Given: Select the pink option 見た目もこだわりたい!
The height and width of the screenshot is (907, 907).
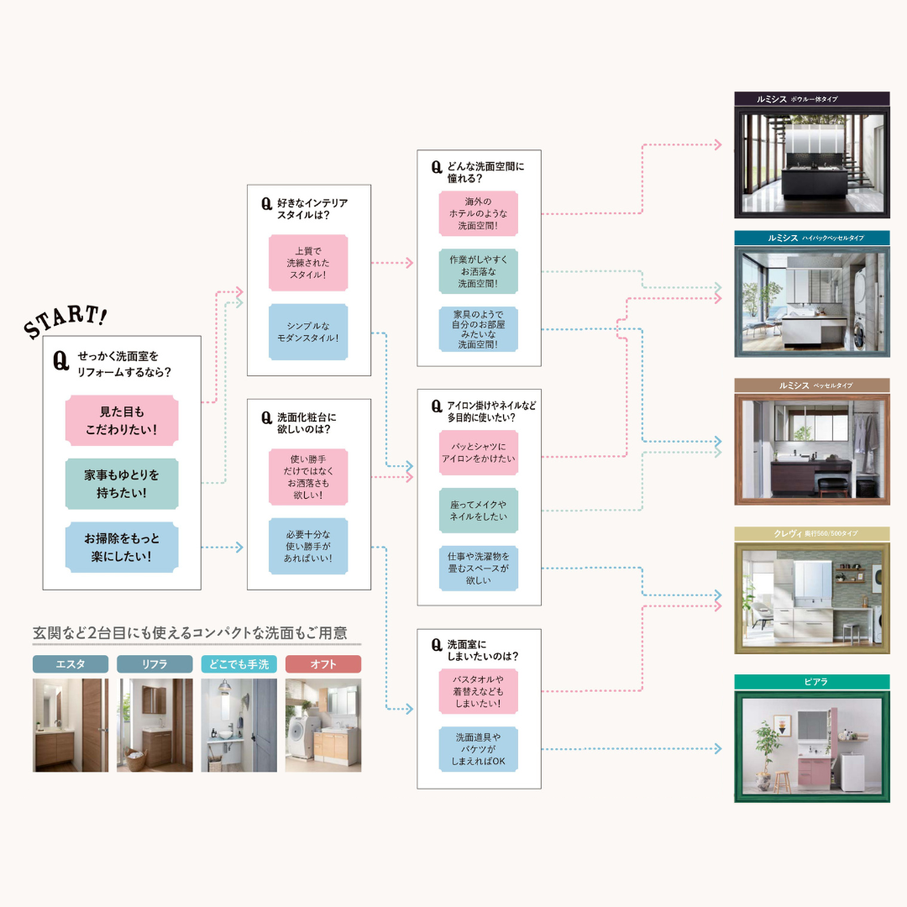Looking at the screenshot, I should tap(122, 421).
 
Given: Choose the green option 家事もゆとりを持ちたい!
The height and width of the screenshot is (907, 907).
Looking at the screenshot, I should tap(122, 484).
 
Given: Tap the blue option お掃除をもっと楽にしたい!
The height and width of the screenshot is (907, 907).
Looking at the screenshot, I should tap(122, 548).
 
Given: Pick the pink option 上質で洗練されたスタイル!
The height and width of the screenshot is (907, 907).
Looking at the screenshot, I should tap(308, 263).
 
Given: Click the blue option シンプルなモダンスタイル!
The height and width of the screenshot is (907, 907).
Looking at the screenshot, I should tap(308, 332).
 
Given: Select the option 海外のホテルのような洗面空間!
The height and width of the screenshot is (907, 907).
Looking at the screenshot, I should tap(479, 213).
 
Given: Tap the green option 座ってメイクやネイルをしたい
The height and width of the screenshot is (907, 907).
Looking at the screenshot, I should tap(479, 510).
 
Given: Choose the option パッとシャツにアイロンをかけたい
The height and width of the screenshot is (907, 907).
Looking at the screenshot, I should tap(479, 453).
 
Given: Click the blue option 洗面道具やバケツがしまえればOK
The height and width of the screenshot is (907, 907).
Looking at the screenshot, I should tap(479, 749).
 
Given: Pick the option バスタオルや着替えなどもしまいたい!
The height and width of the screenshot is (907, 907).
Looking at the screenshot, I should tap(479, 691).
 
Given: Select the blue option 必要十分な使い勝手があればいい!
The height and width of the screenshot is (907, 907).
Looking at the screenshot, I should tap(308, 546).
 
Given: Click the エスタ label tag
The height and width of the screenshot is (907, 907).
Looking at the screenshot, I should tap(71, 664).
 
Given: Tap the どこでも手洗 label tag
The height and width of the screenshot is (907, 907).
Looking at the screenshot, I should tap(239, 664).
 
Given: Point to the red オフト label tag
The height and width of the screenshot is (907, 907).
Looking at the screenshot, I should tap(323, 664).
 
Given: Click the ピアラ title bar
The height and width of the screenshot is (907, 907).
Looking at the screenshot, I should tap(811, 682).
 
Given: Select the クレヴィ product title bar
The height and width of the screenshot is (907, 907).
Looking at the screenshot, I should tap(811, 534).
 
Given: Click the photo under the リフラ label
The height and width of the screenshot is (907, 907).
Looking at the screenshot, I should tap(155, 725).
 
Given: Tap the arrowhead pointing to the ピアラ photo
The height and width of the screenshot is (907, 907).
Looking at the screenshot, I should tap(717, 748).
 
